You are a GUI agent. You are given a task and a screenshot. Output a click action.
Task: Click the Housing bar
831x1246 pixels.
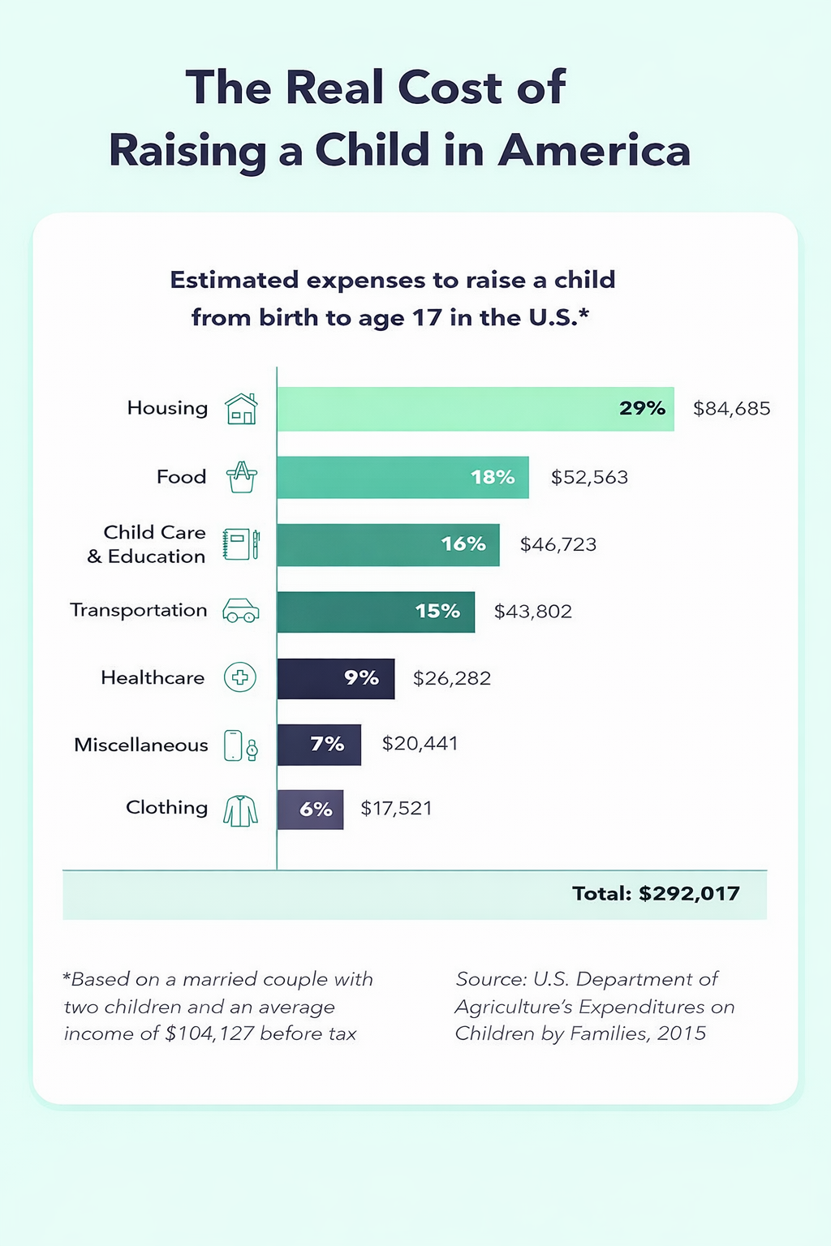click(x=475, y=409)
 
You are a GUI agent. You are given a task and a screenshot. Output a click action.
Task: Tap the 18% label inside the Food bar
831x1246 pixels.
click(x=493, y=477)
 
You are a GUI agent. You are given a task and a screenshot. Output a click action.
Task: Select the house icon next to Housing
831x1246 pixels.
click(x=241, y=409)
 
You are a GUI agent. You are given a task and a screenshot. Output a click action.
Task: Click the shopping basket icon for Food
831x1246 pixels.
click(x=241, y=477)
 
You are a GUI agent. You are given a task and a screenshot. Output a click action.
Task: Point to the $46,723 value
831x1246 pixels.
click(x=558, y=544)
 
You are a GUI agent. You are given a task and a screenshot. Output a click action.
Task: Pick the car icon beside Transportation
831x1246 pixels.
click(x=241, y=611)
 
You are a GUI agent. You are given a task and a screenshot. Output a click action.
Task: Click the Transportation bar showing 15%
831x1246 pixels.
click(x=376, y=612)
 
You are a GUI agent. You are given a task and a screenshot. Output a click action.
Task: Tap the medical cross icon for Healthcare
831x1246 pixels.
click(x=240, y=677)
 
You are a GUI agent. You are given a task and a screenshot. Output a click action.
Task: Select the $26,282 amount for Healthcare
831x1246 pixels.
click(x=452, y=678)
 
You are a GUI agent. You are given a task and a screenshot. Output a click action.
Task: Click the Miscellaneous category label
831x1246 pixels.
click(x=141, y=745)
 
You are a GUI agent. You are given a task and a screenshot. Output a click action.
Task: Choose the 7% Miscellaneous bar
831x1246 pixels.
click(x=319, y=745)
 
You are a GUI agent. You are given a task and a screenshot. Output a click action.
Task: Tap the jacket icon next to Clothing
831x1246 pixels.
click(x=240, y=810)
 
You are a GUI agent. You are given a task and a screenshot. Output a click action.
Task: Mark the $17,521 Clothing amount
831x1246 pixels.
click(x=396, y=809)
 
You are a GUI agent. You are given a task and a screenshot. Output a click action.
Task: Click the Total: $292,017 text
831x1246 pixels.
click(x=656, y=894)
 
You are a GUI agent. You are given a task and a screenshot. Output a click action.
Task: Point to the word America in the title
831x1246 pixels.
click(x=594, y=150)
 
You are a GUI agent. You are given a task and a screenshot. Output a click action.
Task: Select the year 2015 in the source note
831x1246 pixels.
click(x=682, y=1033)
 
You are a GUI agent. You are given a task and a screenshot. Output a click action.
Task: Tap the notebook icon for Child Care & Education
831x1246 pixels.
click(x=241, y=544)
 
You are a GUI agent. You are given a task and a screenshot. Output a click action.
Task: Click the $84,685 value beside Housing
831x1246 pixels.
click(x=731, y=409)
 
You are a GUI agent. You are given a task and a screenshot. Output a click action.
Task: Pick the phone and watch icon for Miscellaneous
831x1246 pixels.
click(x=241, y=745)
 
